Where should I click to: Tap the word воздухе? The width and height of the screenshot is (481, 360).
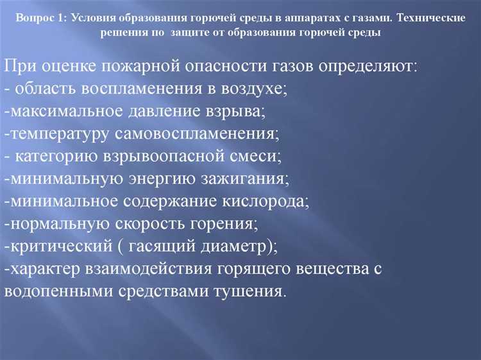(x=253, y=89)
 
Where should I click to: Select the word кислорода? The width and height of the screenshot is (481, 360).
(x=264, y=201)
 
